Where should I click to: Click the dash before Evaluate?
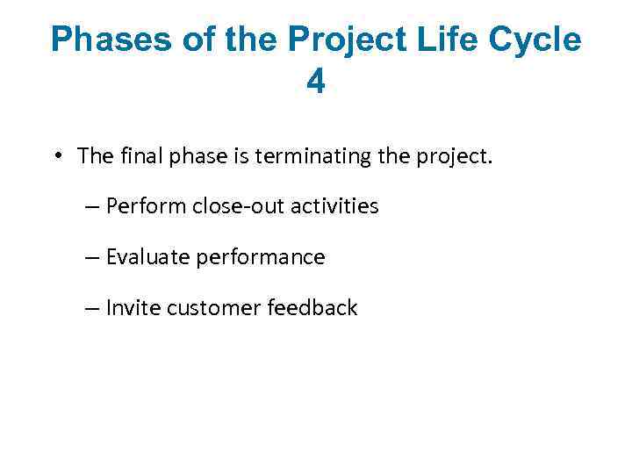[93, 257]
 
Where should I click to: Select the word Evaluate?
[146, 257]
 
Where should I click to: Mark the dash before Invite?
[93, 308]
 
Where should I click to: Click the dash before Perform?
[93, 206]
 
